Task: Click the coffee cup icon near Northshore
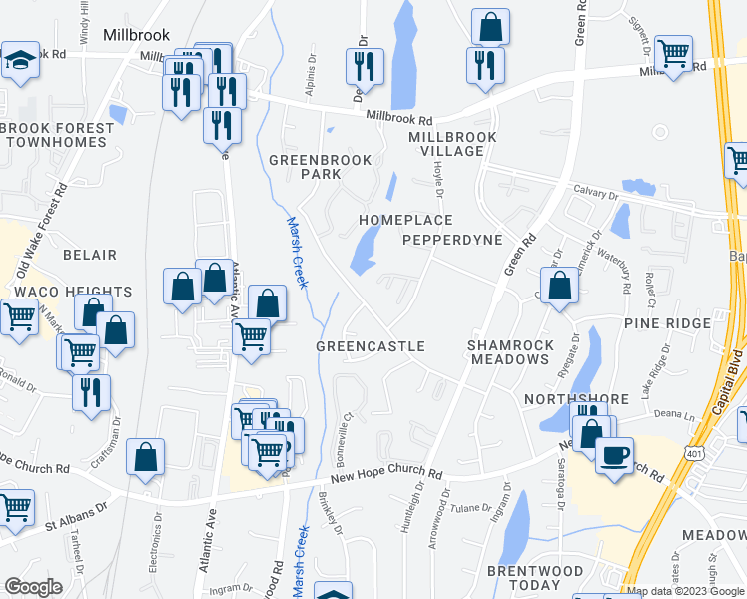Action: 615,454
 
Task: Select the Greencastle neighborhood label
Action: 371,346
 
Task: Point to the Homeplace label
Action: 405,220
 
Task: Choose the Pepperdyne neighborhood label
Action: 449,241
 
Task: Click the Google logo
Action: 33,587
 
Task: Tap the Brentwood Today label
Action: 535,578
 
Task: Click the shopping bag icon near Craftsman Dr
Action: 146,458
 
